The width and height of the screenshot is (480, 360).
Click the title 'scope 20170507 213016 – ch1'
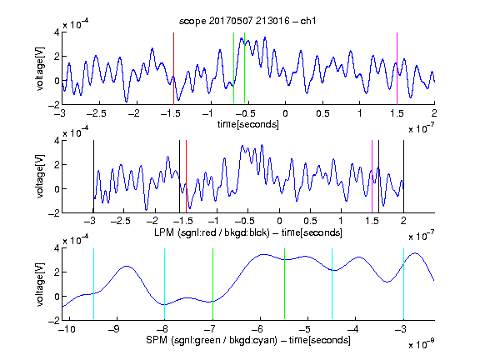coord(247,21)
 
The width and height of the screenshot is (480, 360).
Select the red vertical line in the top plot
coord(173,68)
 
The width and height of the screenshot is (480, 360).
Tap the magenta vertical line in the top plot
coord(397,68)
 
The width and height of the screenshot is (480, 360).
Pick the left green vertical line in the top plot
coord(233,68)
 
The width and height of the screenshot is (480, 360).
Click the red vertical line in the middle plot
coord(186,177)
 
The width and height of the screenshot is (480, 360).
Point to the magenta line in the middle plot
coord(372,177)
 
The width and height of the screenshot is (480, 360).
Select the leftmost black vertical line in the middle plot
coord(93,177)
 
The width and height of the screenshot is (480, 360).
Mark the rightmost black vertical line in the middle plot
coord(403,177)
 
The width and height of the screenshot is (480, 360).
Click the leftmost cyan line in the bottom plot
coord(93,284)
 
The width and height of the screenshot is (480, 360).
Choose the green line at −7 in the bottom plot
coord(212,284)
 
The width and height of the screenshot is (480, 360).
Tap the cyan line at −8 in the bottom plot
coord(165,284)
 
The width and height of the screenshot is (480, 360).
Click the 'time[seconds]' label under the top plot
coord(248,124)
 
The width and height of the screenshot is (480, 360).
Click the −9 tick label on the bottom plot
coord(114,329)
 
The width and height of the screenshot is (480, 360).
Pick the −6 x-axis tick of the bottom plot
coord(257,329)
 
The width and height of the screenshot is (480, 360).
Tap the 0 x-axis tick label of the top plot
coord(285,113)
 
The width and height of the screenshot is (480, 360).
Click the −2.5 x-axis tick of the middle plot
coord(121,221)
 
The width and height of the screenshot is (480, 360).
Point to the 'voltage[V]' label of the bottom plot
coord(40,284)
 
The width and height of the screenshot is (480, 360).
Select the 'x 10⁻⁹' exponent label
coord(421,344)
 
